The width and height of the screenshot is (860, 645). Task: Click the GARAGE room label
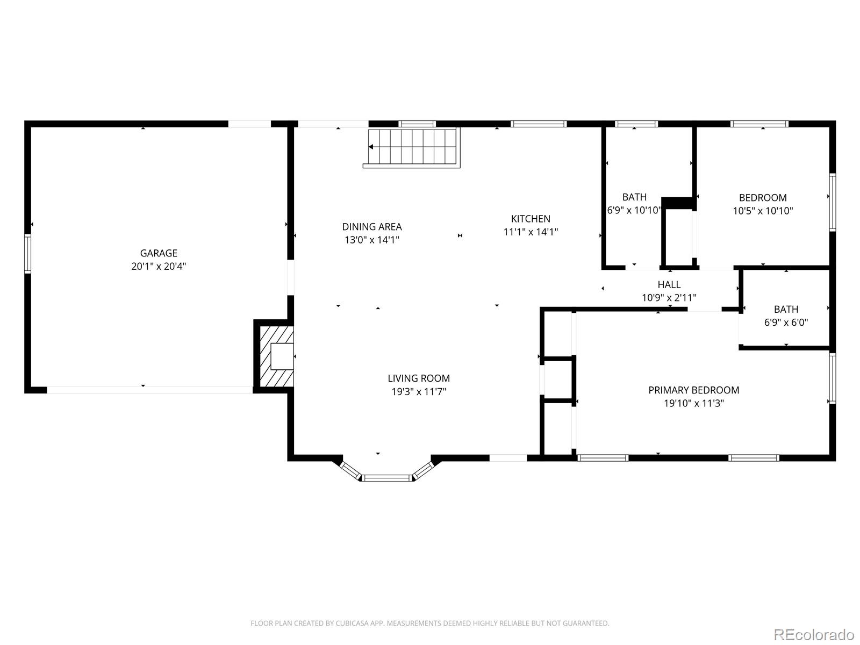point(159,253)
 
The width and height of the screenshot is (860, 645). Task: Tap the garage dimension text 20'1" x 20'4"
point(159,267)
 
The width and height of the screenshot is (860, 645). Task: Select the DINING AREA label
point(372,227)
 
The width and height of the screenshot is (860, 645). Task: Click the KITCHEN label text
point(531,219)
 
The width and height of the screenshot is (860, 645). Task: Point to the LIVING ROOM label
point(419,378)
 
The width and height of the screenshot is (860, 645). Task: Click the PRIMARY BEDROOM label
point(693,390)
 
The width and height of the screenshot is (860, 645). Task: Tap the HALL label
point(669,285)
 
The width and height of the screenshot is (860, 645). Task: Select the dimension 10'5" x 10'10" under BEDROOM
point(763,211)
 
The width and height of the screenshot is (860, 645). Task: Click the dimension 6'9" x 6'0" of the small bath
point(786,323)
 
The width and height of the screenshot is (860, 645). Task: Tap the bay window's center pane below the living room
point(386,478)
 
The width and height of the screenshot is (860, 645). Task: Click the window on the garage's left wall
point(27,253)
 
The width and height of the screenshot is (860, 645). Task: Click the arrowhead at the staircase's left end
point(371,147)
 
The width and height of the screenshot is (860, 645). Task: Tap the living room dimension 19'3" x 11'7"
point(419,392)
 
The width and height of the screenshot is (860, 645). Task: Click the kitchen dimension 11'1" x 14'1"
point(531,232)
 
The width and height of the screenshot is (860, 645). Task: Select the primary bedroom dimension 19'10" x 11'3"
point(693,404)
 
